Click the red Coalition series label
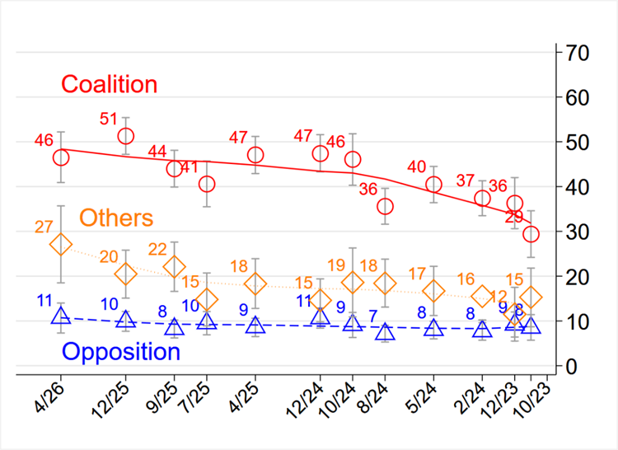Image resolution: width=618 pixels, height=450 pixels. pyautogui.click(x=109, y=84)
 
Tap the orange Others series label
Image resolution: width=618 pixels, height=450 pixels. pyautogui.click(x=116, y=218)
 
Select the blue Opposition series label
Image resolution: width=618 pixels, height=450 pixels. pyautogui.click(x=121, y=351)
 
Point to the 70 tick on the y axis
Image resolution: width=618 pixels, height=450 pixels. pyautogui.click(x=578, y=53)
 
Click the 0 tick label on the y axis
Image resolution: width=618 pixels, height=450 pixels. pyautogui.click(x=572, y=366)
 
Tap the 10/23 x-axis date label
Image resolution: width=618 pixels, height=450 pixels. pyautogui.click(x=531, y=401)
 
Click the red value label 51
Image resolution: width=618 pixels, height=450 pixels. pyautogui.click(x=109, y=119)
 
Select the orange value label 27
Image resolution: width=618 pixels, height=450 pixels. pyautogui.click(x=44, y=227)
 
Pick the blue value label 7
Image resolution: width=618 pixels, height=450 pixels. pyautogui.click(x=373, y=316)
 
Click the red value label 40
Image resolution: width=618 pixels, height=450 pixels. pyautogui.click(x=417, y=167)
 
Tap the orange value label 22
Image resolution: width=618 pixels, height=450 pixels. pyautogui.click(x=157, y=250)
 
